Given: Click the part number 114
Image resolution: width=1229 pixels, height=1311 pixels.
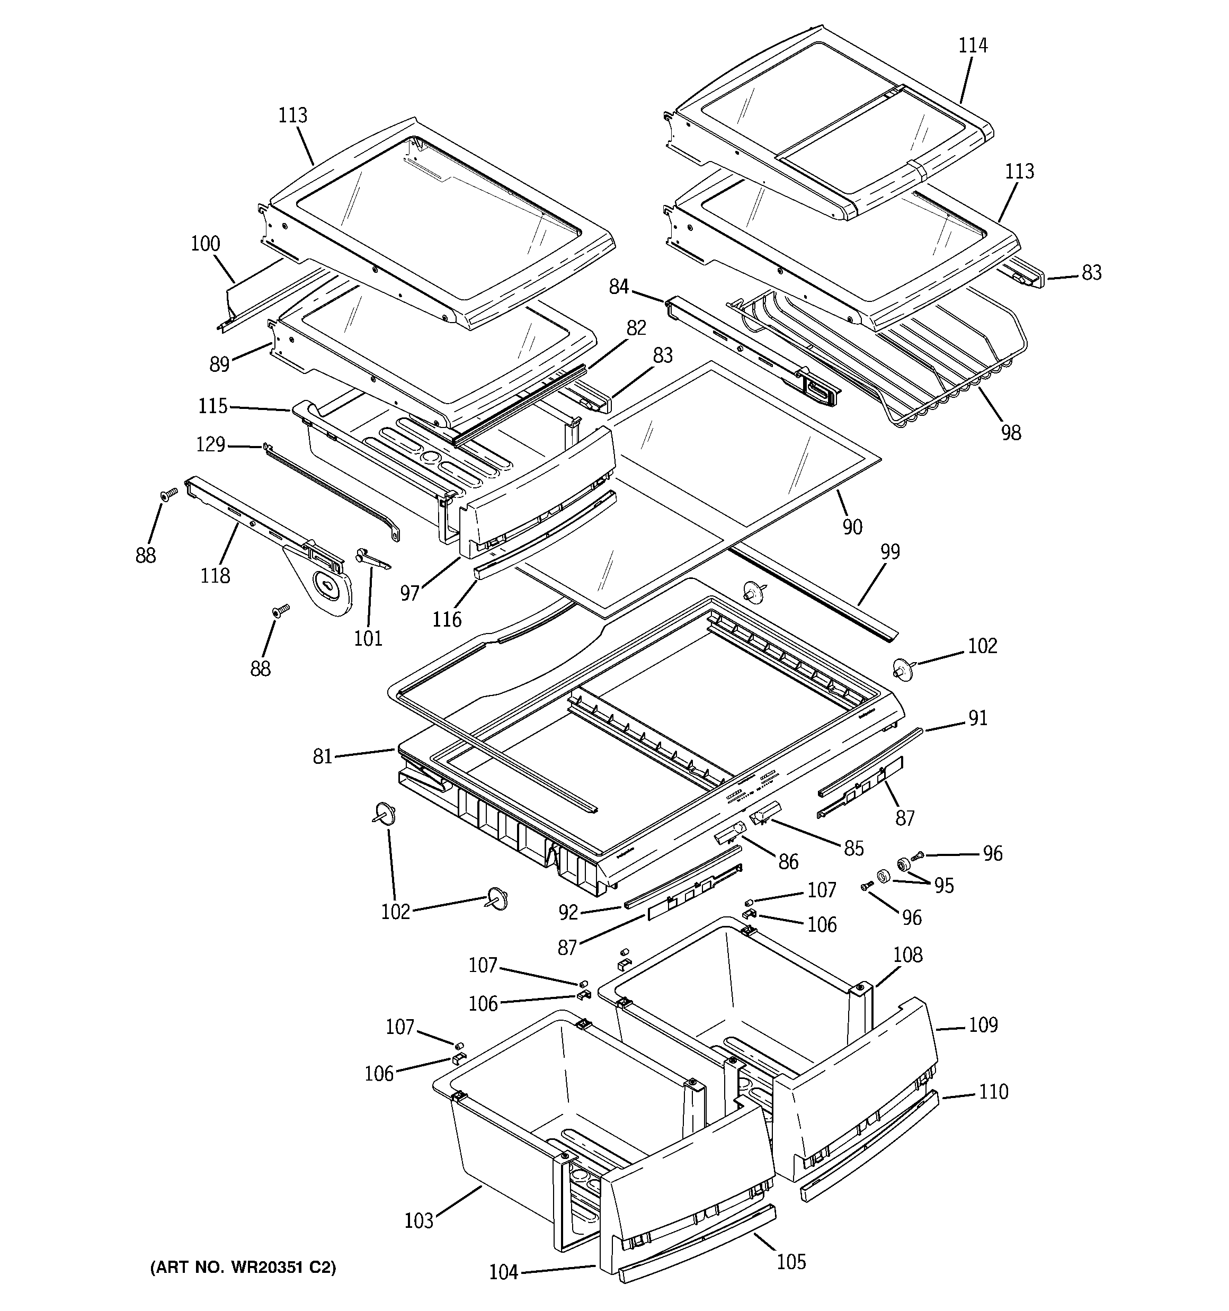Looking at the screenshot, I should click(973, 46).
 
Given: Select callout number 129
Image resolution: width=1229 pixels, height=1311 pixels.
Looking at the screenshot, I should click(210, 444).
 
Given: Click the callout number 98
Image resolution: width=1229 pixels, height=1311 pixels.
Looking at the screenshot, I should click(1011, 433).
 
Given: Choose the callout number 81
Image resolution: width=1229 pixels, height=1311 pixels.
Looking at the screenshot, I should click(323, 756).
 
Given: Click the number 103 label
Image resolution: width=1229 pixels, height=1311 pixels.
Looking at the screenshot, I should click(419, 1220).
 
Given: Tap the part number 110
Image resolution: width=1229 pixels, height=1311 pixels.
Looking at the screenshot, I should click(993, 1092).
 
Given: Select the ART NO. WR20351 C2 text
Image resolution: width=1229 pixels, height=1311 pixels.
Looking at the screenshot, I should click(243, 1268).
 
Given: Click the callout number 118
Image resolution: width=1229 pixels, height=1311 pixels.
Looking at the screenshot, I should click(216, 576).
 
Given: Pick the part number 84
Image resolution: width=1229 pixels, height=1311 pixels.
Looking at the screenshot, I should click(619, 288).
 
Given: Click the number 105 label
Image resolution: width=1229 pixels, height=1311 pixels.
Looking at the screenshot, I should click(791, 1262).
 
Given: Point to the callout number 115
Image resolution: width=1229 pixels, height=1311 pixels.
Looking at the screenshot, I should click(212, 406).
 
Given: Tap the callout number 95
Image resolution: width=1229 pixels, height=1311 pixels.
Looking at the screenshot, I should click(944, 886).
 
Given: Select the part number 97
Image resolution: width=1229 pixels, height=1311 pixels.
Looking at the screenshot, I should click(409, 593).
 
